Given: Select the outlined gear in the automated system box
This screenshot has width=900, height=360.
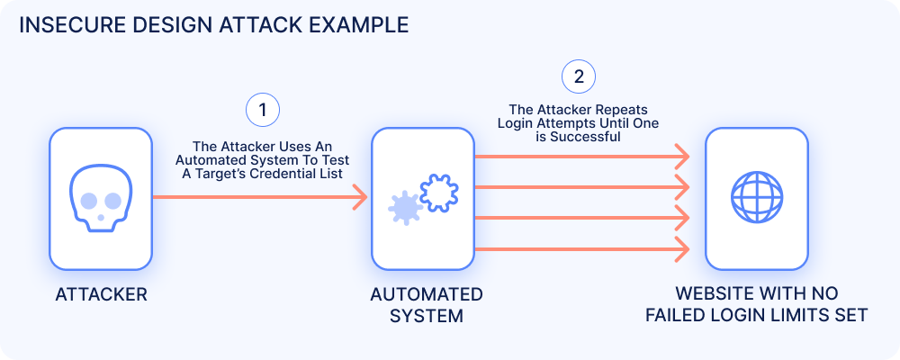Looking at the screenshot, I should click(x=440, y=191).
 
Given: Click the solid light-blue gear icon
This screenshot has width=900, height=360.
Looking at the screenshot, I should click(x=405, y=208).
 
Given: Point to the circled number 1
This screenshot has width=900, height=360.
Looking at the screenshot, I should click(x=262, y=110).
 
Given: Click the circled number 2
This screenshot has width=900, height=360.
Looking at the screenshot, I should click(x=578, y=76).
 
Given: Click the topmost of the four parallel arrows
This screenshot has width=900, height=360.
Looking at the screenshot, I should click(x=581, y=157).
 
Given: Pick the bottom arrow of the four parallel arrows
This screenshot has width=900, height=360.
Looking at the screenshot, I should click(x=581, y=247).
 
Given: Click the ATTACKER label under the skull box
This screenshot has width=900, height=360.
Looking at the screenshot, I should click(x=101, y=295).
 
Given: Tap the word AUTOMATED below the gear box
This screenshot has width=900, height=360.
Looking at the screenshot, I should click(x=426, y=295).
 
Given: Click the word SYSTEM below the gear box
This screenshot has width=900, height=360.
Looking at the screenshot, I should click(x=426, y=316).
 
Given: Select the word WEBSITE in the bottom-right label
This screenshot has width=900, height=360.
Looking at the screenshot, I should click(x=714, y=295).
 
